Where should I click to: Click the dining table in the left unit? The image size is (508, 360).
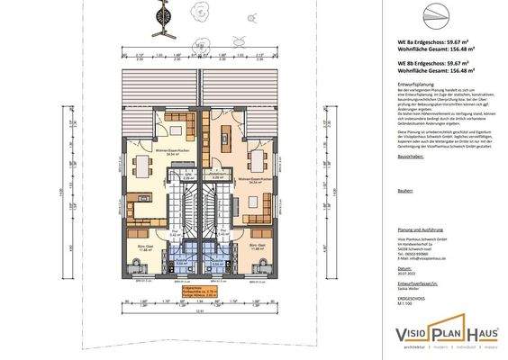click(145, 166)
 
